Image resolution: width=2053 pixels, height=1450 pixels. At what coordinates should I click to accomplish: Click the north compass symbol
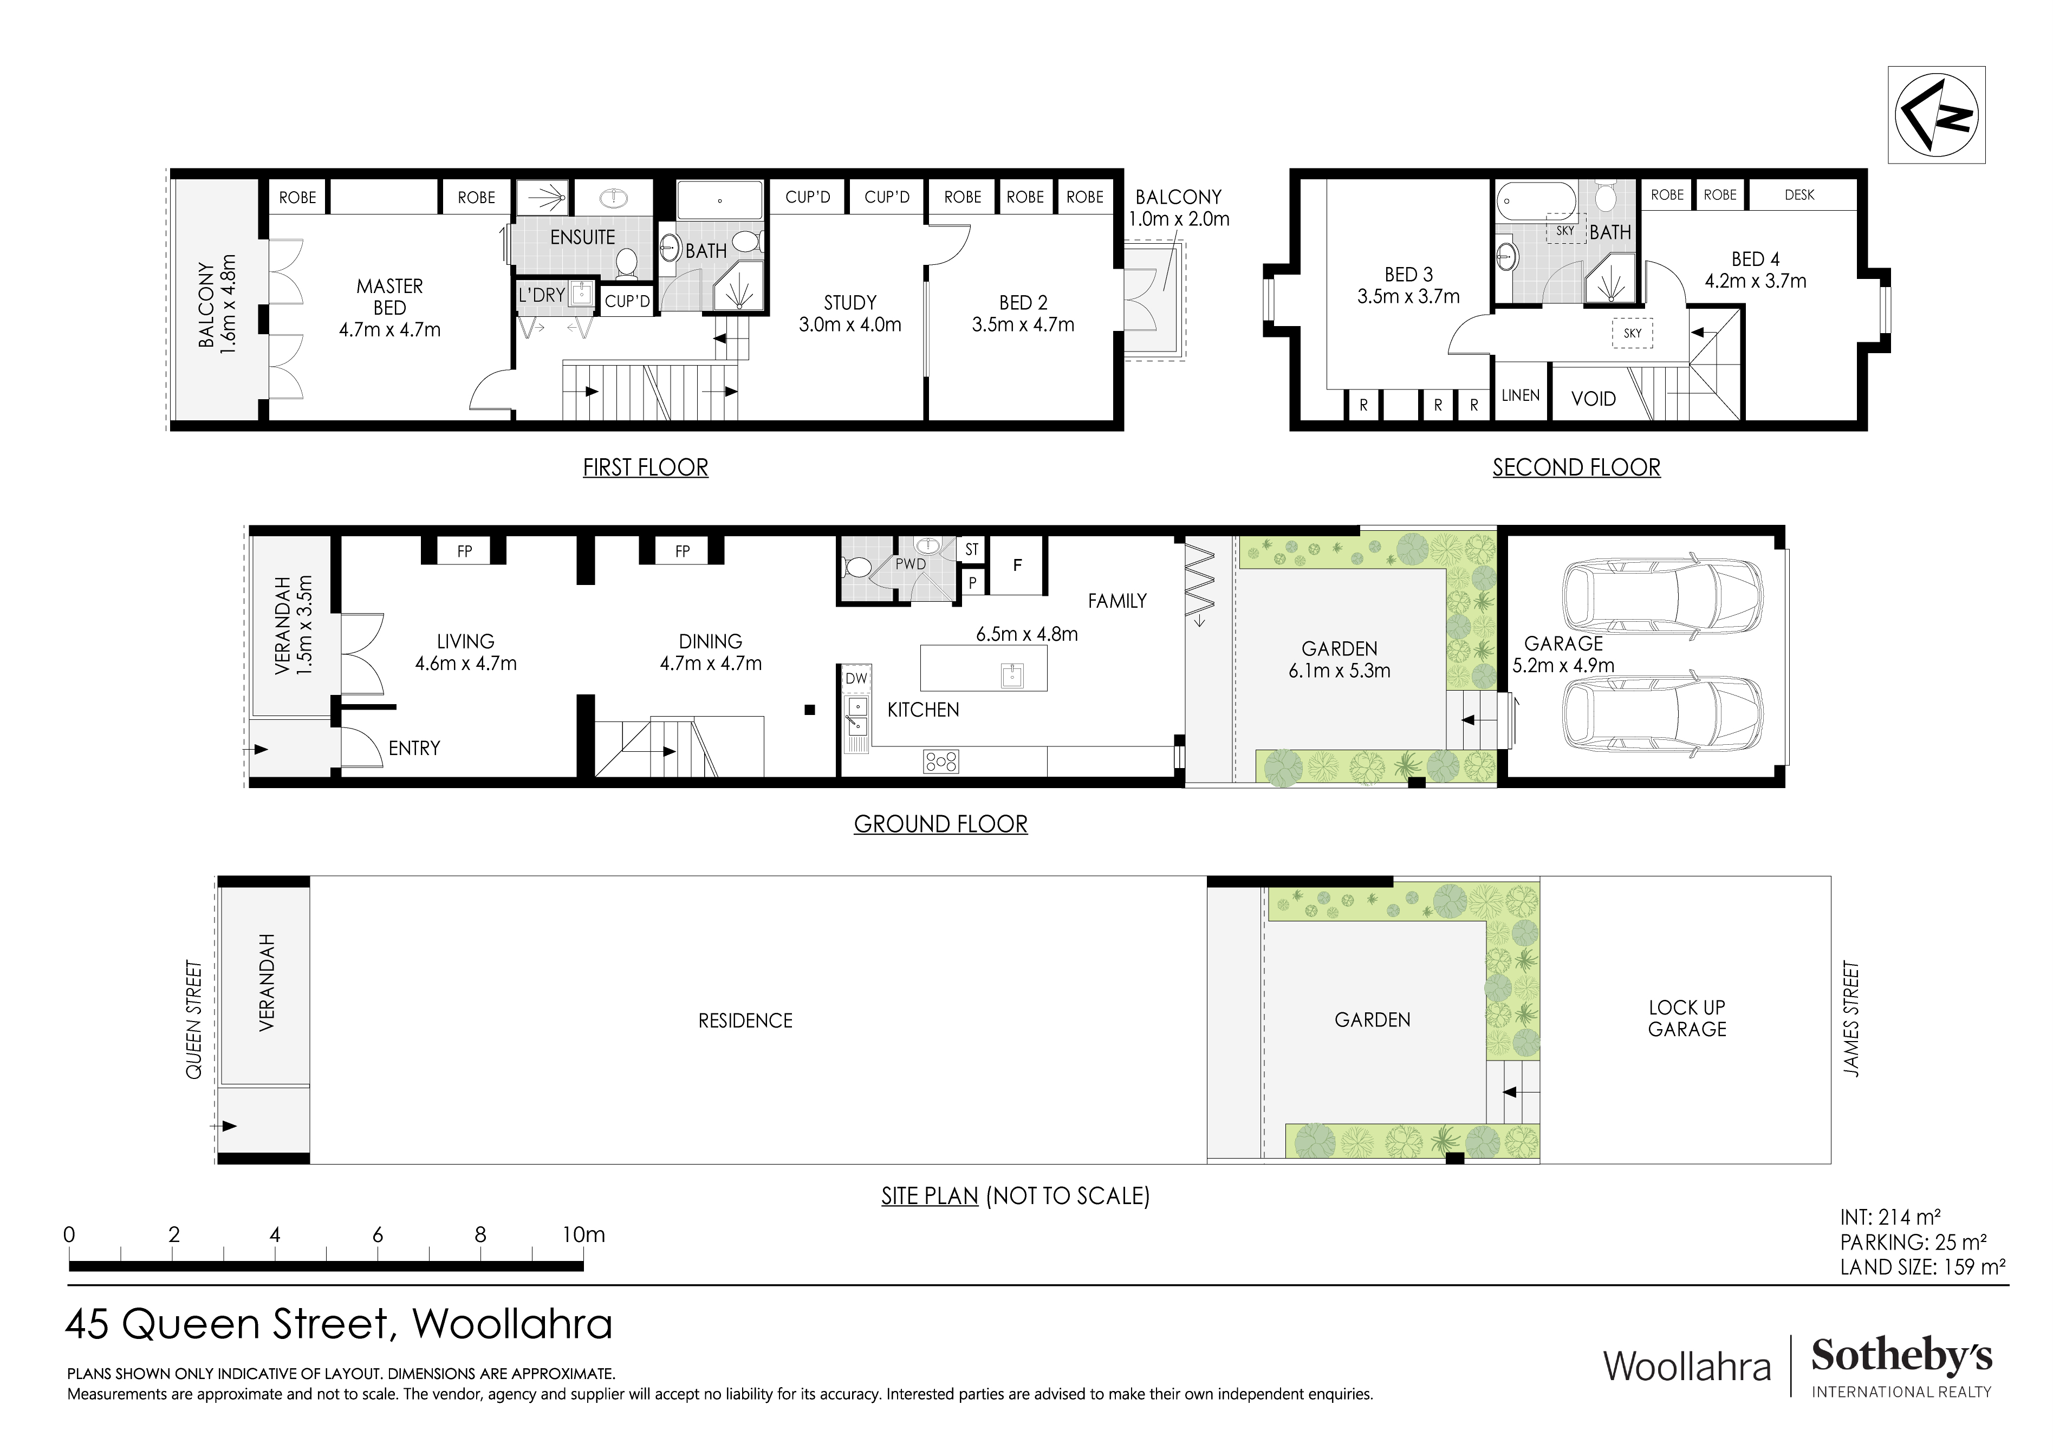click(x=1936, y=114)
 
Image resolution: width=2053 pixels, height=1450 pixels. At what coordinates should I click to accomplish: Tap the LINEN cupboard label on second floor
click(x=1520, y=395)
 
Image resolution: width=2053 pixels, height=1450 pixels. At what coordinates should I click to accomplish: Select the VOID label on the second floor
click(x=1594, y=399)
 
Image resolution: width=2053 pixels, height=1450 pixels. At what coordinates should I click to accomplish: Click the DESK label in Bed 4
click(x=1799, y=195)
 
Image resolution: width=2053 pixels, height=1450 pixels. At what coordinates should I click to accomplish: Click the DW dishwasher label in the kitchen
click(x=856, y=679)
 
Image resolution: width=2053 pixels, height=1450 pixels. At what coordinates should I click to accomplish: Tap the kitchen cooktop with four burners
click(x=941, y=761)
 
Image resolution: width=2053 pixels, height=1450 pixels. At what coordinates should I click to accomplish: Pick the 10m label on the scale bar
click(x=583, y=1234)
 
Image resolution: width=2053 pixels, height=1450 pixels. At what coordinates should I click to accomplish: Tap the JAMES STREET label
click(x=1851, y=1019)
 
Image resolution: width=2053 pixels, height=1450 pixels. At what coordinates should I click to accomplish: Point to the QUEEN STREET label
click(x=194, y=1019)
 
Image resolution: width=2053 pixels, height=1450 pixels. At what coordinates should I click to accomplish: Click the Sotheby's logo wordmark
click(x=1901, y=1357)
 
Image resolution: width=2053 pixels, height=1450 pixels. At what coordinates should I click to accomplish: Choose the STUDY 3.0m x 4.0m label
click(x=849, y=314)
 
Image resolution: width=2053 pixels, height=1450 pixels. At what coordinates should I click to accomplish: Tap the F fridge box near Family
click(x=1017, y=565)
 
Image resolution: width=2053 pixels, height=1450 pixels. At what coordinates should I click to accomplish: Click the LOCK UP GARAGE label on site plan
click(x=1686, y=1018)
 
